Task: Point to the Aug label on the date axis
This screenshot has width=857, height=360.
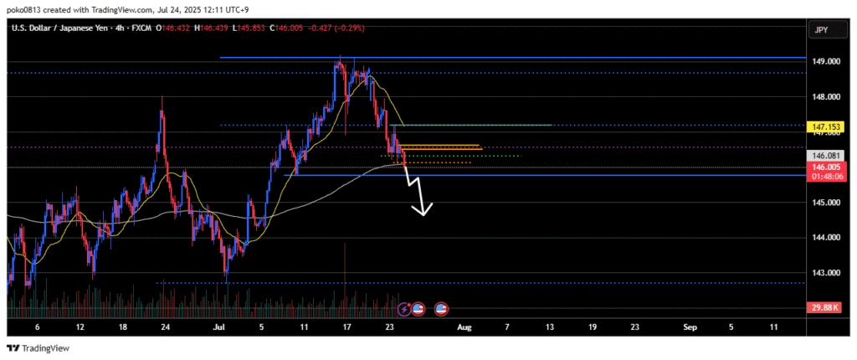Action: pyautogui.click(x=465, y=327)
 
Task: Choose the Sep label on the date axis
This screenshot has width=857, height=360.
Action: pyautogui.click(x=690, y=327)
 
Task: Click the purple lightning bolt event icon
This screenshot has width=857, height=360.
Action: pyautogui.click(x=406, y=309)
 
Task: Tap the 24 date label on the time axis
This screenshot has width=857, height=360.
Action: pyautogui.click(x=165, y=327)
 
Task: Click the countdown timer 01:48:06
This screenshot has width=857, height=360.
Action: pyautogui.click(x=825, y=177)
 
